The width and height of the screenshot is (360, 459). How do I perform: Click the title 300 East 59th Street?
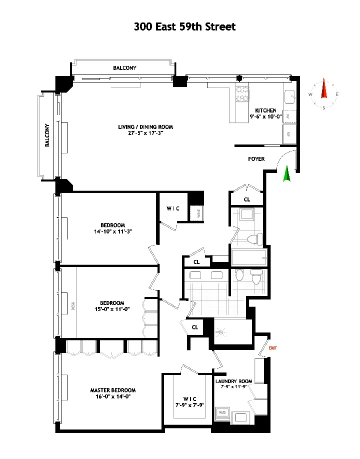[184, 26]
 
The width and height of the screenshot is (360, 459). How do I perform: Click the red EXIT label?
[272, 347]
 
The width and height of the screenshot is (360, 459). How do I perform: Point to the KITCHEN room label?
[265, 110]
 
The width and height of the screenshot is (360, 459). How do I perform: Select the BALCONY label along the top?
[124, 68]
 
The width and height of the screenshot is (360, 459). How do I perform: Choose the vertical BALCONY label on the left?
[47, 135]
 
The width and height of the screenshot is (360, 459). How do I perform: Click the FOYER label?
[256, 159]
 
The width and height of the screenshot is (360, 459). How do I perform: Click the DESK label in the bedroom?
[73, 305]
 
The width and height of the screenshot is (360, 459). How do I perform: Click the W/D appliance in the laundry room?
[222, 413]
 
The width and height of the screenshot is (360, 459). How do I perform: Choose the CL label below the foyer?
[246, 199]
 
